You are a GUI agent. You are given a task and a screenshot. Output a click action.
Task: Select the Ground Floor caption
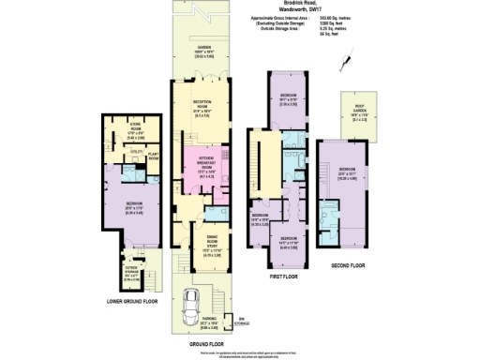point(199,346)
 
